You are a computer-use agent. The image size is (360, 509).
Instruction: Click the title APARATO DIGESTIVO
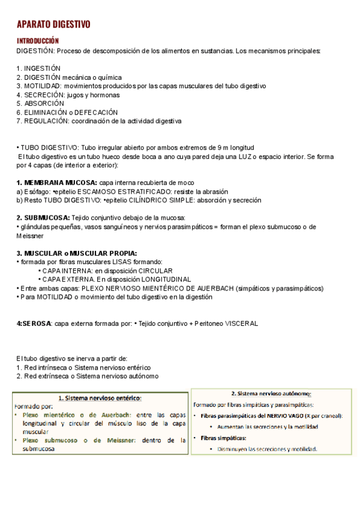[53, 24]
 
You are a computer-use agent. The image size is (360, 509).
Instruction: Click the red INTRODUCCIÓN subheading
[37, 40]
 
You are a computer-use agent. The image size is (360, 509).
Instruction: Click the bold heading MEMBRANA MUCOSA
[60, 182]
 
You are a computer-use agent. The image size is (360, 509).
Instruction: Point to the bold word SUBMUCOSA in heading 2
[47, 217]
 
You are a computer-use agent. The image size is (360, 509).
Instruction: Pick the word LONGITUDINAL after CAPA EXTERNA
[164, 279]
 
